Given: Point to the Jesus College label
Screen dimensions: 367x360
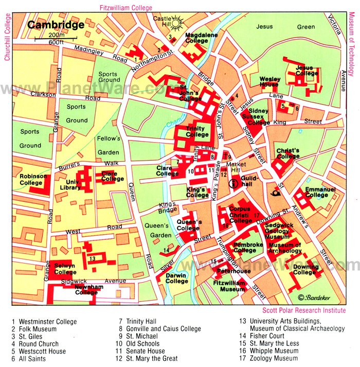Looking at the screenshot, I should (x=307, y=71).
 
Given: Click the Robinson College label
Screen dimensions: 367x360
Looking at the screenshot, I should (x=33, y=179).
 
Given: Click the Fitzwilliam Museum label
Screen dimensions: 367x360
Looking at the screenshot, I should (x=229, y=286).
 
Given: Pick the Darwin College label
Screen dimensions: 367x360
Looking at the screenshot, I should (x=176, y=278).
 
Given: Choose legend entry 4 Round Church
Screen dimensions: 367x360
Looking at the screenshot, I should (x=35, y=344).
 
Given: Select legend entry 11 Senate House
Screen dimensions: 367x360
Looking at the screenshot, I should (x=142, y=351).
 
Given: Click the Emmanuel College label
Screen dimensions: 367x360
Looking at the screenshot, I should (x=320, y=192).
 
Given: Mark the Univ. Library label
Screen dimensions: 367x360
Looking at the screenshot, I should (x=71, y=184).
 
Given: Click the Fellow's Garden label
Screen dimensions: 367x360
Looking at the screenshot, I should (x=109, y=145).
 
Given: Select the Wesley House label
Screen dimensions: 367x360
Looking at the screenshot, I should (x=270, y=82).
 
